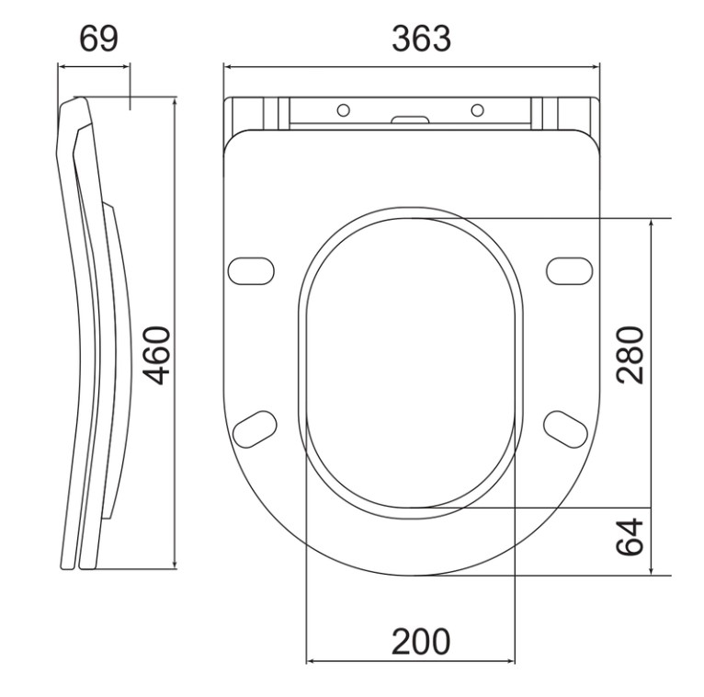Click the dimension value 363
(x=421, y=39)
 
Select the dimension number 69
(x=98, y=39)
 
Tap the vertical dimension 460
(x=156, y=355)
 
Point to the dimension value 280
(x=630, y=355)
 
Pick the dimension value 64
(x=630, y=536)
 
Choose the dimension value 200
(x=421, y=642)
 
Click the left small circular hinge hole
(x=344, y=110)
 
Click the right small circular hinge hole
(x=477, y=110)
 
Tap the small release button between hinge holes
(x=410, y=120)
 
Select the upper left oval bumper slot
(x=251, y=271)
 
